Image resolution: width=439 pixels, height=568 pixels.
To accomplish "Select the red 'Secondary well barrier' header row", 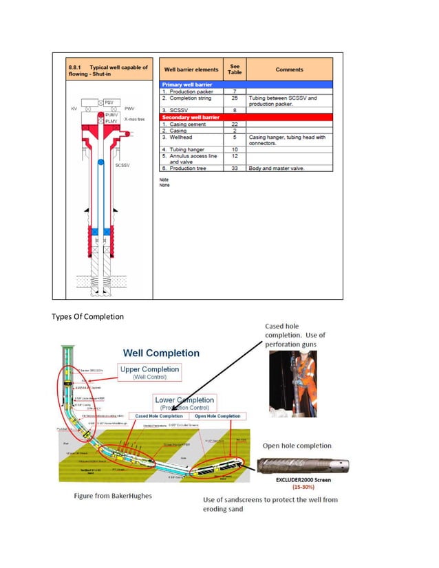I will [246, 118].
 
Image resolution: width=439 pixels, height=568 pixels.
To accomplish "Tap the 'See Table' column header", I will [235, 69].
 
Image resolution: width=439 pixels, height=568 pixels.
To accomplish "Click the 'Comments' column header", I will [289, 69].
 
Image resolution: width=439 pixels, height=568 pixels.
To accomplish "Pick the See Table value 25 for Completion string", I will [235, 98].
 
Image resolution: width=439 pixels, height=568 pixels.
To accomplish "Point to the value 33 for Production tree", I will [235, 168].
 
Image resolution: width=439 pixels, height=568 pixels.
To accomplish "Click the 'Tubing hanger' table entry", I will [186, 149].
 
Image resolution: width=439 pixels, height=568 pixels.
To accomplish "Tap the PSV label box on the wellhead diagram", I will [108, 102].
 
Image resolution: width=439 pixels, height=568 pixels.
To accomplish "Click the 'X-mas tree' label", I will [134, 119].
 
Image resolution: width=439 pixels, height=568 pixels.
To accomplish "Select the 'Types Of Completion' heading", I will [88, 316].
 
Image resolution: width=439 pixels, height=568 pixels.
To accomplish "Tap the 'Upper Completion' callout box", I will [149, 373].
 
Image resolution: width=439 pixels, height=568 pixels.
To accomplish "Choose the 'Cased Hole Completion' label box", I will [159, 416].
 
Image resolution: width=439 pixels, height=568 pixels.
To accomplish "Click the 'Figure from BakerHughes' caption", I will [112, 496].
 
